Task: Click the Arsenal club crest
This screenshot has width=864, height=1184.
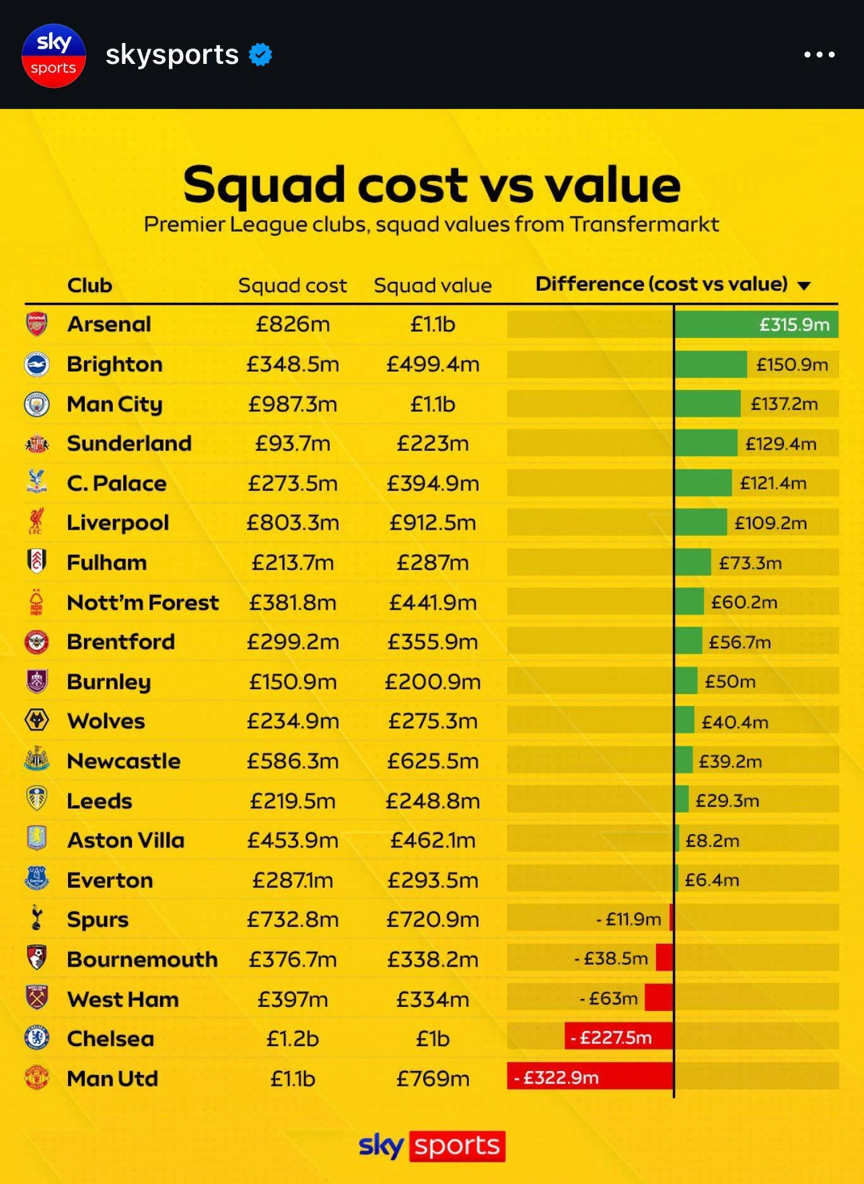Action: tap(36, 324)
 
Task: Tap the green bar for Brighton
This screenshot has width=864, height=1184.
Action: tap(711, 364)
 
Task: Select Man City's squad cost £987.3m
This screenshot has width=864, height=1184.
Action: tap(293, 404)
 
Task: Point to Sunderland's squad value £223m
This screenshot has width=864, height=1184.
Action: tap(433, 444)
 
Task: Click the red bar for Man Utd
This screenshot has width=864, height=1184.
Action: tap(590, 1077)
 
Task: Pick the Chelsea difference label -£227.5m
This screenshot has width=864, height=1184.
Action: tap(611, 1037)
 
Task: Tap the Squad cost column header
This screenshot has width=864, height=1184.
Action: tap(293, 285)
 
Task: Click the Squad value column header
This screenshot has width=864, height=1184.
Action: tap(433, 285)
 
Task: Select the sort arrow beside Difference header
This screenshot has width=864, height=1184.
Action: tap(803, 285)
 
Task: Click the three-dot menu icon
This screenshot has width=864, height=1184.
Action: tap(820, 55)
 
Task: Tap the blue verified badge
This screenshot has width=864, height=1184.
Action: tap(260, 55)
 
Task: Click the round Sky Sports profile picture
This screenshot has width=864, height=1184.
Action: tap(54, 55)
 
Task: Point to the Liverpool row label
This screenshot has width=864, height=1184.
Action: tap(118, 523)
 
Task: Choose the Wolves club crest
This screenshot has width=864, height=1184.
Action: tap(36, 720)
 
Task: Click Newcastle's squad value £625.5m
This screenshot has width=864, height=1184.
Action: tap(433, 761)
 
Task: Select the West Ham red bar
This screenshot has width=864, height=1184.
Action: tap(659, 998)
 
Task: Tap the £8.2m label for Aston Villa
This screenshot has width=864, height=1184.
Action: tap(712, 841)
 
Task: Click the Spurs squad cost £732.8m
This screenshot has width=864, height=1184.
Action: tap(293, 919)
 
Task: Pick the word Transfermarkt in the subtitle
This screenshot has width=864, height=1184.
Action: tap(644, 224)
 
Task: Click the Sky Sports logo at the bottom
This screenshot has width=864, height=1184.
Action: tap(431, 1146)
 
